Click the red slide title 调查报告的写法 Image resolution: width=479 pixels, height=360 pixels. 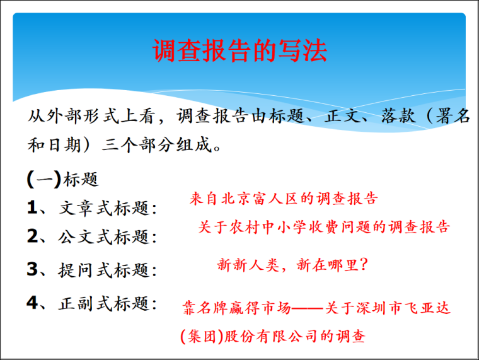(239, 51)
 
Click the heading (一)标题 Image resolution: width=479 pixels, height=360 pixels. (63, 180)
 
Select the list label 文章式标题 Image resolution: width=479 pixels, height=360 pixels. (108, 208)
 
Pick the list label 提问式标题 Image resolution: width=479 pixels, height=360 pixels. (108, 270)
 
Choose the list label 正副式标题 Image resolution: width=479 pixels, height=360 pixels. (108, 303)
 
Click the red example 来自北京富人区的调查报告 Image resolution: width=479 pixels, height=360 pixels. (284, 199)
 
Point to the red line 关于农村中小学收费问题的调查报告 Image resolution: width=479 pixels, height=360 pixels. (324, 228)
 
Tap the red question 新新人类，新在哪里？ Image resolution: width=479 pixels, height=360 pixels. (292, 265)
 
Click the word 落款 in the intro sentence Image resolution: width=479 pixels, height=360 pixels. (395, 117)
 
